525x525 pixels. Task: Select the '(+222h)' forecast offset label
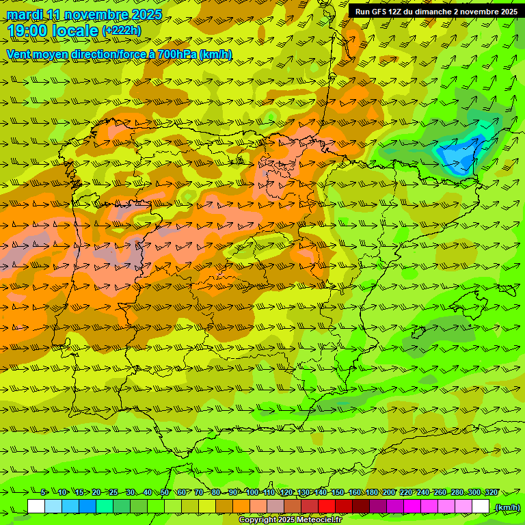point(121,31)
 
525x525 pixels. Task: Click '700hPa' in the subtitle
point(176,54)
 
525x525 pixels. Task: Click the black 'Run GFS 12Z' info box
point(436,12)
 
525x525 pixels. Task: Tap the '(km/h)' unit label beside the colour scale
point(507,507)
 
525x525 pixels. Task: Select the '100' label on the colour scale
point(252,492)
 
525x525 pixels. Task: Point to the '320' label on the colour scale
point(491,492)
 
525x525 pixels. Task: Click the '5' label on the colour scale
point(44,492)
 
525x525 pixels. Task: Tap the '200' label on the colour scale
point(389,492)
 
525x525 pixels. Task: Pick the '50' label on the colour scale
point(165,492)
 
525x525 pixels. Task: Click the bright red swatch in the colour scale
point(327,507)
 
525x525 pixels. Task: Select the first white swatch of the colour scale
point(36,507)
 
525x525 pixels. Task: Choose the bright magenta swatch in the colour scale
point(412,507)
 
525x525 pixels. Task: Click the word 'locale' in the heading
point(75,31)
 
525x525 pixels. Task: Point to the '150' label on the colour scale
point(338,492)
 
